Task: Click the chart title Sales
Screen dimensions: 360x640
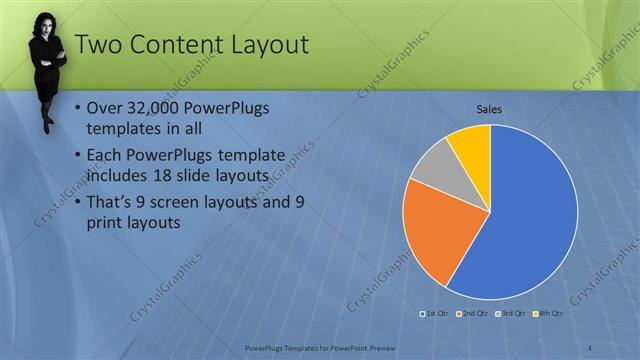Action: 489,109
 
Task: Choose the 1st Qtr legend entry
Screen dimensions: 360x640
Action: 435,313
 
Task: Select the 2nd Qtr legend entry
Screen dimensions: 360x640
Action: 472,313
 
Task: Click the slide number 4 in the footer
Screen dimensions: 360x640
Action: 590,347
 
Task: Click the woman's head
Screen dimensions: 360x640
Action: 47,24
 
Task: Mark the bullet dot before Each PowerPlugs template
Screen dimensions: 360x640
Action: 80,155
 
